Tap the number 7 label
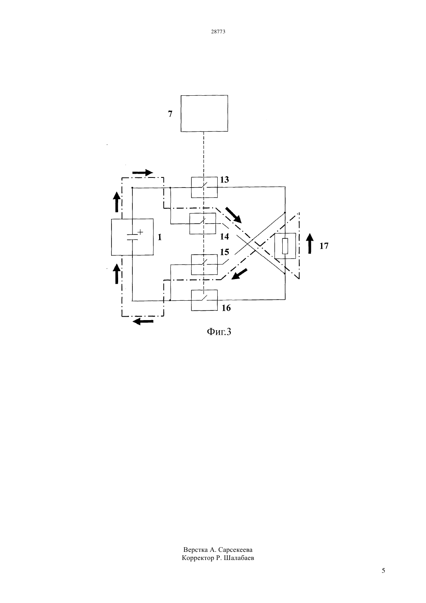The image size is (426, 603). [x=170, y=114]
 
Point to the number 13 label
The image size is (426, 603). [x=224, y=179]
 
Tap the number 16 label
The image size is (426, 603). [x=226, y=308]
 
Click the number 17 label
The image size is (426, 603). [x=324, y=246]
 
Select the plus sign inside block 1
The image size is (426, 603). [x=140, y=232]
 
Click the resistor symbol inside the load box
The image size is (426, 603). [x=285, y=246]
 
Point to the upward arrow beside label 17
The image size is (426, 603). [x=310, y=243]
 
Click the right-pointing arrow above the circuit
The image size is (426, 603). [x=143, y=172]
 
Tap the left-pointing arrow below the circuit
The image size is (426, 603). [x=143, y=321]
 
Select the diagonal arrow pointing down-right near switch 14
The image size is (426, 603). [x=234, y=215]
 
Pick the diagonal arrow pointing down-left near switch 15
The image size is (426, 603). [x=239, y=274]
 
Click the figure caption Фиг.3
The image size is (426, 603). [x=219, y=332]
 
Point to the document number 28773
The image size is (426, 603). [x=218, y=31]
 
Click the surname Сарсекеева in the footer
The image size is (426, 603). [x=235, y=550]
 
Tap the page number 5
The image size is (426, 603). [x=383, y=570]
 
